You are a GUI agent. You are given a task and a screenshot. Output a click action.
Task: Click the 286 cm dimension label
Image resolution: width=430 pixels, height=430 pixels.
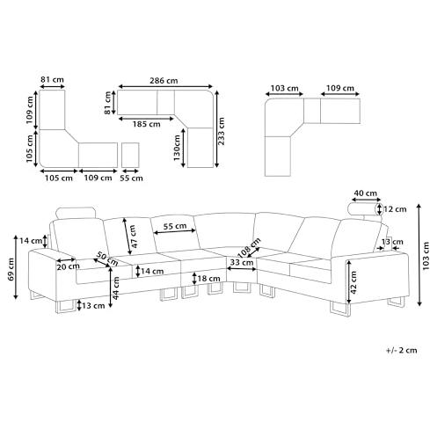164,81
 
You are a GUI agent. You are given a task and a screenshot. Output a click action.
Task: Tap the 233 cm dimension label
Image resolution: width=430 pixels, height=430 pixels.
222,131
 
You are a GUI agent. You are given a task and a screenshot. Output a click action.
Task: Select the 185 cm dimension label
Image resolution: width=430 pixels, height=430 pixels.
147,124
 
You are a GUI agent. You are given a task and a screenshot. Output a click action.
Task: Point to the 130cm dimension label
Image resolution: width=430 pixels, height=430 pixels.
177,148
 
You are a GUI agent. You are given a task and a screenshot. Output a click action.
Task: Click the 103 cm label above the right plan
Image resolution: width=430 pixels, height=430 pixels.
284,88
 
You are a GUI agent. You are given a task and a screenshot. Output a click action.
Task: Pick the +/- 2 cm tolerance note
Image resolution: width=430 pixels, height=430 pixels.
402,350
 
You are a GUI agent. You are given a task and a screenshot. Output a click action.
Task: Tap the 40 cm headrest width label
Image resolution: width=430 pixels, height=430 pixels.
365,193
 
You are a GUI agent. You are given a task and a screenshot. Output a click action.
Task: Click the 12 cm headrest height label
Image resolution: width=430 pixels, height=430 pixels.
395,209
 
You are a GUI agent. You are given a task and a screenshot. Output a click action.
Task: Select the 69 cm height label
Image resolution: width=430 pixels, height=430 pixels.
11,269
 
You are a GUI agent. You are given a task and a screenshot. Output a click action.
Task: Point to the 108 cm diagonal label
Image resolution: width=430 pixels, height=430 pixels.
249,248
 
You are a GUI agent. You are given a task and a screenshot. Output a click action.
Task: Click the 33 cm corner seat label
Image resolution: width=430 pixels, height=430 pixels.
242,262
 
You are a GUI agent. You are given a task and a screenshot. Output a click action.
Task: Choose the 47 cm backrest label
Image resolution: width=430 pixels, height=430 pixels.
134,237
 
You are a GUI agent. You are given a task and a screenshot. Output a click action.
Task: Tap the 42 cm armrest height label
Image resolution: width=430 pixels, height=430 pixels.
353,282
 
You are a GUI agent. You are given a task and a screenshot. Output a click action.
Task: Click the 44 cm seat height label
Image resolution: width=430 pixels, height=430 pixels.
116,288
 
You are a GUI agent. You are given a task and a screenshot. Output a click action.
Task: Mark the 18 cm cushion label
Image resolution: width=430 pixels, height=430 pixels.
208,278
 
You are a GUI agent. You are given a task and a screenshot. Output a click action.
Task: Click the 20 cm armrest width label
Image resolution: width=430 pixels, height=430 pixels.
69,266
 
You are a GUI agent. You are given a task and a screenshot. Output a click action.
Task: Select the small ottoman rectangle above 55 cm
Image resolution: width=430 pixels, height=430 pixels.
130,155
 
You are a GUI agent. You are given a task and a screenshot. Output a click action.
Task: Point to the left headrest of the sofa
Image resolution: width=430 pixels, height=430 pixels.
77,213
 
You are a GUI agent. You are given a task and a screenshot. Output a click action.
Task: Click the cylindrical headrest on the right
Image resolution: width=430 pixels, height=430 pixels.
365,209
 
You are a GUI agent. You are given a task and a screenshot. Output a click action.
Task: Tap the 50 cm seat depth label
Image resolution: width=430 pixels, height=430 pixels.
107,259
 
